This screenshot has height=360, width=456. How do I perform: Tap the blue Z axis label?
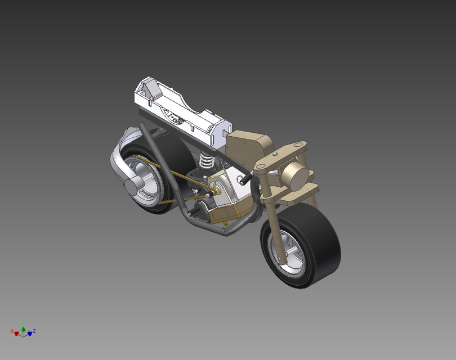pyautogui.click(x=34, y=331)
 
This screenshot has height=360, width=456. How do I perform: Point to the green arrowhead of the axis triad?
pyautogui.click(x=23, y=328)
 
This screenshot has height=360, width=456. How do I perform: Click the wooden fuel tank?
pyautogui.click(x=248, y=147)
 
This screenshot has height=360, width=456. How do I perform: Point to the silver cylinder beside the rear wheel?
pyautogui.click(x=133, y=186)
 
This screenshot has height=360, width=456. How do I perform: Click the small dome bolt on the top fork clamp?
pyautogui.click(x=274, y=153)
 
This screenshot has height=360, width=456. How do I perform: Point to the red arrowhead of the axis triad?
pyautogui.click(x=16, y=334)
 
